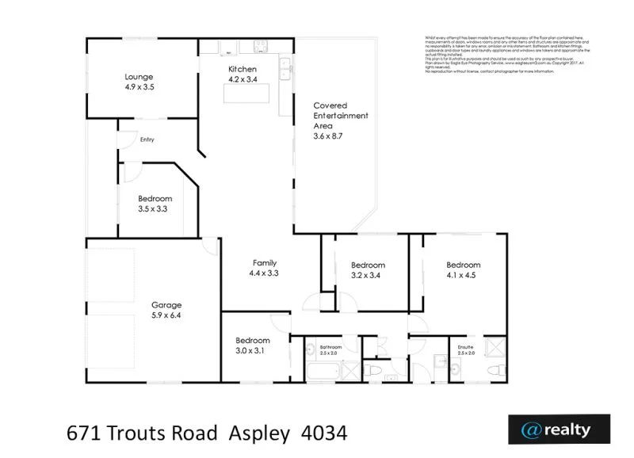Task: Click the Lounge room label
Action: [x=139, y=77]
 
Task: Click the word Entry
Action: [x=147, y=140]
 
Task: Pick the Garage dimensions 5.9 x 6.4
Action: [x=168, y=315]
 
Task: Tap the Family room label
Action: [x=264, y=262]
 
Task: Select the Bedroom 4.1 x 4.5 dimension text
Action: [x=464, y=275]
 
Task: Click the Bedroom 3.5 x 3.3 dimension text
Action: [x=155, y=208]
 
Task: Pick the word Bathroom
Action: [x=330, y=347]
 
